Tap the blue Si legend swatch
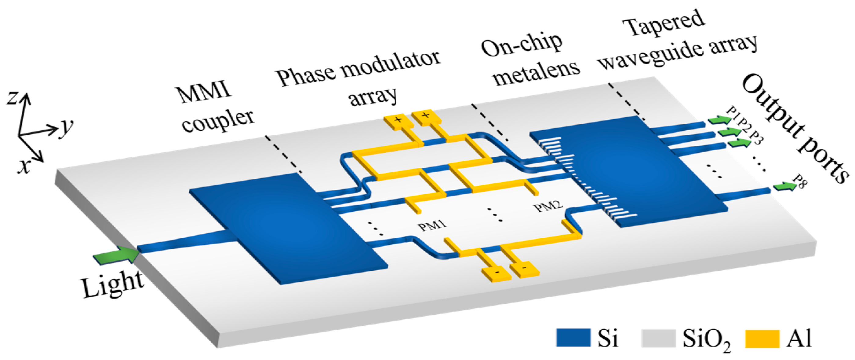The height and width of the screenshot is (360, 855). tap(573, 338)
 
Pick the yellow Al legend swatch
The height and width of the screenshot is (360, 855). tap(762, 338)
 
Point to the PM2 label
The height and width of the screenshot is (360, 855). tap(548, 206)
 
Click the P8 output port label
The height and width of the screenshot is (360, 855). tap(800, 181)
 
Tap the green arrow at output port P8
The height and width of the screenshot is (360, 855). tap(785, 186)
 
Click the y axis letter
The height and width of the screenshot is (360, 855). tap(66, 127)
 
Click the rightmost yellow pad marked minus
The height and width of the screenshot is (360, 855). tap(524, 269)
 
